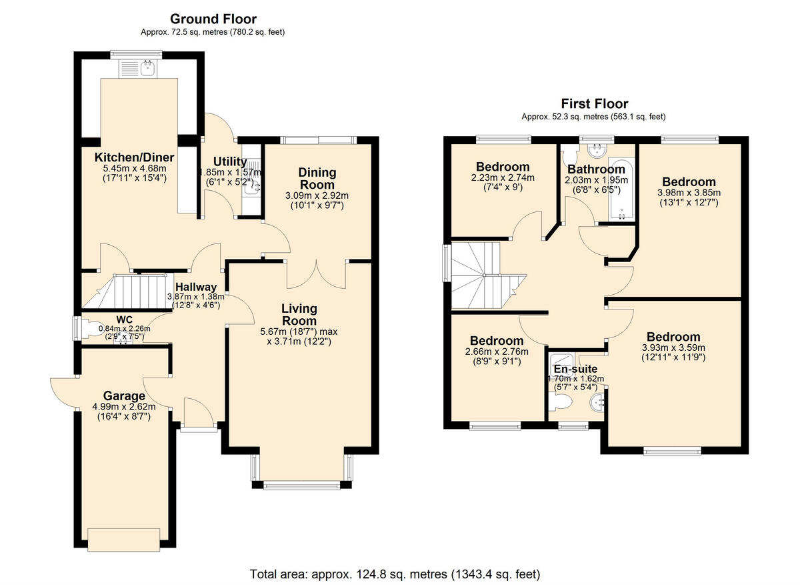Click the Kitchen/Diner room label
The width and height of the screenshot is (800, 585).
(x=134, y=157)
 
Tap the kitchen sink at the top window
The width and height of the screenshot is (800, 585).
(x=137, y=67)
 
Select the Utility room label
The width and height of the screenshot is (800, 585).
(x=230, y=161)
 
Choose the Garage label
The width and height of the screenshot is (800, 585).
(x=123, y=396)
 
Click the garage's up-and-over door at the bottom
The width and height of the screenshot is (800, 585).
(x=123, y=539)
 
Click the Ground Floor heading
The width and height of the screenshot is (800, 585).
(x=213, y=19)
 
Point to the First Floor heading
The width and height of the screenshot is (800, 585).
(x=594, y=103)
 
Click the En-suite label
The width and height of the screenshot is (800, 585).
(x=576, y=369)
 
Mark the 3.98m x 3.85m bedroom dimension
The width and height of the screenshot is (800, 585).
(x=689, y=193)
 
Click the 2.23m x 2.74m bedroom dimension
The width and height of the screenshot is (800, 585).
(x=503, y=178)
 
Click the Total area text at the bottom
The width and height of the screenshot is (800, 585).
(x=395, y=574)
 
